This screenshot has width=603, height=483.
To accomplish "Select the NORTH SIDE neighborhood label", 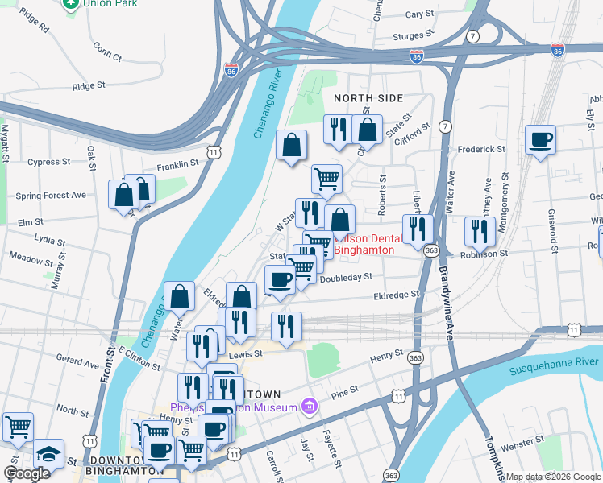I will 368,98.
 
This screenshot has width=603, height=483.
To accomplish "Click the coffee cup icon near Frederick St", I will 539,140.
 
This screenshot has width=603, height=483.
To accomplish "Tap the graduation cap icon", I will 48,453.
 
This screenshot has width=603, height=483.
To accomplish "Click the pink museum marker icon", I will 307,407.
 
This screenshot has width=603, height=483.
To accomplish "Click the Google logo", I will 26,474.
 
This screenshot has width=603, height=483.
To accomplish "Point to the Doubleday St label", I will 345,277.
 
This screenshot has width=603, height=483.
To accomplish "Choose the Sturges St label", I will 414,36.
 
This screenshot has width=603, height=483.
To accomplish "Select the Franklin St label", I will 177,163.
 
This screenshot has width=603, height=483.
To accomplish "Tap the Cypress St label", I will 48,162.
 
